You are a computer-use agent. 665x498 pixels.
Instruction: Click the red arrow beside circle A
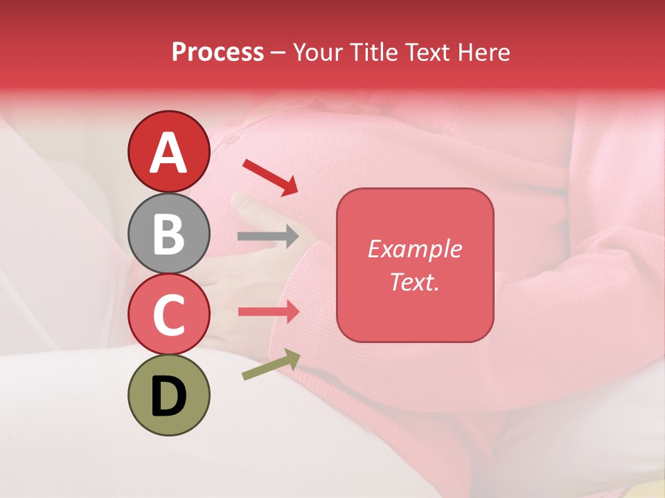pyautogui.click(x=270, y=176)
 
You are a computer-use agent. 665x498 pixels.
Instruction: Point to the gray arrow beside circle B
pyautogui.click(x=268, y=237)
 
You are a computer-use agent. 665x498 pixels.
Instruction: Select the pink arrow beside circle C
pyautogui.click(x=268, y=311)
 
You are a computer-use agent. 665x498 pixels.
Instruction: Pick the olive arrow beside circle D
pyautogui.click(x=271, y=365)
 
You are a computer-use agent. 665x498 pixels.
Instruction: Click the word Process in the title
pyautogui.click(x=218, y=53)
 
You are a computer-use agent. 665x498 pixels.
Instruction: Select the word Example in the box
pyautogui.click(x=414, y=249)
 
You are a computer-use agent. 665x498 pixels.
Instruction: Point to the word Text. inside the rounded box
pyautogui.click(x=414, y=282)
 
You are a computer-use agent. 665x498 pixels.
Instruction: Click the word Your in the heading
pyautogui.click(x=316, y=53)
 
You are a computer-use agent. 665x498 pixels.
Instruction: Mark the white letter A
pyautogui.click(x=169, y=152)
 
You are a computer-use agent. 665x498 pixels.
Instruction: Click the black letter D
pyautogui.click(x=169, y=396)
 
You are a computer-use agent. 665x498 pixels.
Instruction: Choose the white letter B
pyautogui.click(x=169, y=234)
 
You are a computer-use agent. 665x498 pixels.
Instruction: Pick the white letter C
pyautogui.click(x=169, y=315)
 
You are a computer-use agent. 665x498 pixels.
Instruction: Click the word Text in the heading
pyautogui.click(x=426, y=53)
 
